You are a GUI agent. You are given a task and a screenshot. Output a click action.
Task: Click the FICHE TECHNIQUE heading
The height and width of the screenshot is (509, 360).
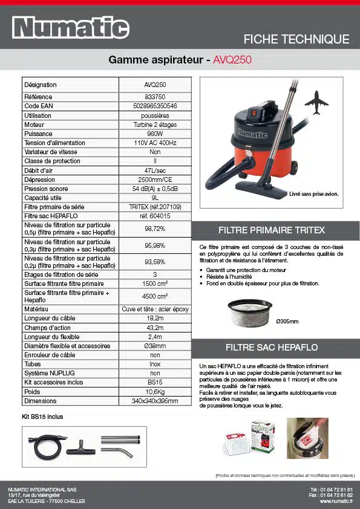tap(296, 39)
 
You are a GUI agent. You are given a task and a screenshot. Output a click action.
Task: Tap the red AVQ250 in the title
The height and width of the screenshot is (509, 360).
tap(232, 60)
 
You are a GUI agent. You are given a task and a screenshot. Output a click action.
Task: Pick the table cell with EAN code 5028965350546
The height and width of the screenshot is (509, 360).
tap(155, 106)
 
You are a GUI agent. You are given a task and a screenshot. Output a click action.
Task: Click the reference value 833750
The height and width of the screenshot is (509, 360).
tap(155, 97)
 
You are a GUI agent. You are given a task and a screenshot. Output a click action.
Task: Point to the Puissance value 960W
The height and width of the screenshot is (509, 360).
tap(155, 134)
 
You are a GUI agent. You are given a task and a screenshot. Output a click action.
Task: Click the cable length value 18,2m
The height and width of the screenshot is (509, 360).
tap(155, 318)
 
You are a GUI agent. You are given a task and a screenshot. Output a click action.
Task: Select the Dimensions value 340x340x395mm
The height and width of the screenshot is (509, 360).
tap(155, 401)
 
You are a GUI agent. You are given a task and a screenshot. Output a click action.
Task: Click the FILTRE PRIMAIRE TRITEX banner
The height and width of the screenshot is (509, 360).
tap(275, 230)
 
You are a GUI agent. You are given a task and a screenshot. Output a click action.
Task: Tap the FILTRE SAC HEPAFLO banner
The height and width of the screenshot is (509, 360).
tap(275, 348)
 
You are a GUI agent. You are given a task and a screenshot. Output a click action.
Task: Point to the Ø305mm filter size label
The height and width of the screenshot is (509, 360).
tap(287, 321)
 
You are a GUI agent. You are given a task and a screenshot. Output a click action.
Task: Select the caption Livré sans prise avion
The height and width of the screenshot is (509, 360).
tap(313, 195)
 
